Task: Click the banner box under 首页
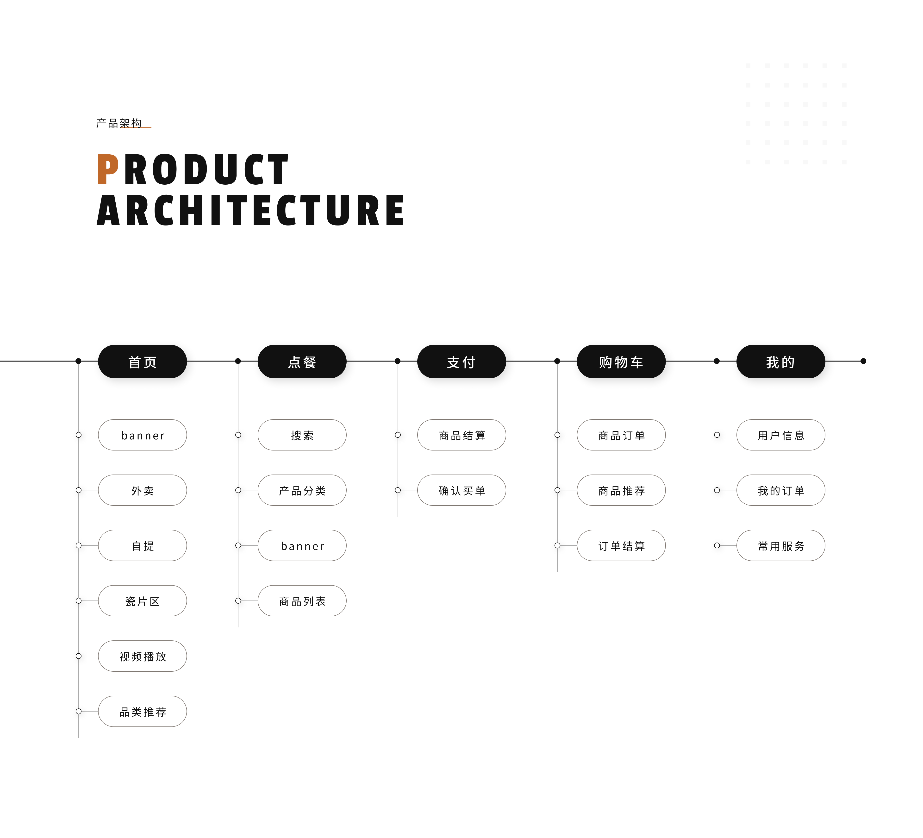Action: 142,435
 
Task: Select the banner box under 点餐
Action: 302,545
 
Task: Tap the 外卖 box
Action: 142,490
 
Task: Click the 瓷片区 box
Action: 142,601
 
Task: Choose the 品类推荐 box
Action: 142,711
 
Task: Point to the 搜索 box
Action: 302,435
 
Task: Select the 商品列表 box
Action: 302,601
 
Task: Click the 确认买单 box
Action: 461,490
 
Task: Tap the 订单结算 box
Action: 621,545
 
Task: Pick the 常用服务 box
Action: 781,545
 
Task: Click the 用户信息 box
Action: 781,435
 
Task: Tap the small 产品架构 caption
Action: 119,123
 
